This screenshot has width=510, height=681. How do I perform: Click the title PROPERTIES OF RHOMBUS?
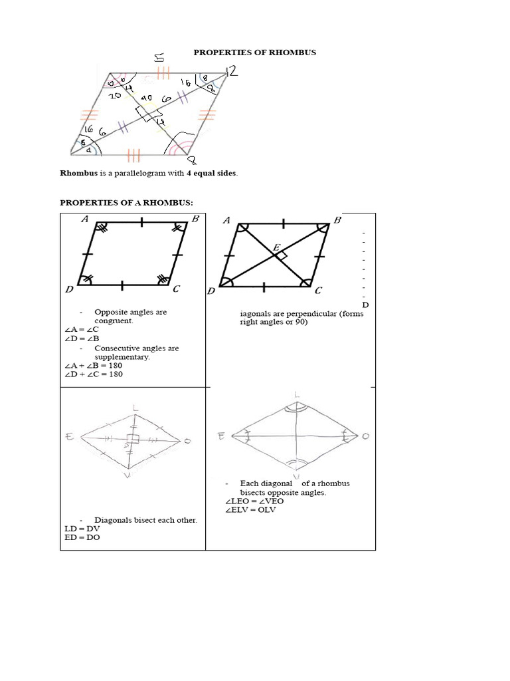tap(250, 52)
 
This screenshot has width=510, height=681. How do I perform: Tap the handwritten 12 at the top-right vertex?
tap(232, 70)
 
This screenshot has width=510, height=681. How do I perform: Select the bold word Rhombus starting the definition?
tap(78, 173)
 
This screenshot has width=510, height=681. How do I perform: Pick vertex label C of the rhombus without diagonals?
tap(176, 289)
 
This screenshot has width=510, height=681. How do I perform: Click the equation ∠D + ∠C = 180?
tap(94, 374)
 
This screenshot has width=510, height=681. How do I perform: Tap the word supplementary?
tap(122, 356)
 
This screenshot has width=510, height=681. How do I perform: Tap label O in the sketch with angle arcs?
tap(365, 436)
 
